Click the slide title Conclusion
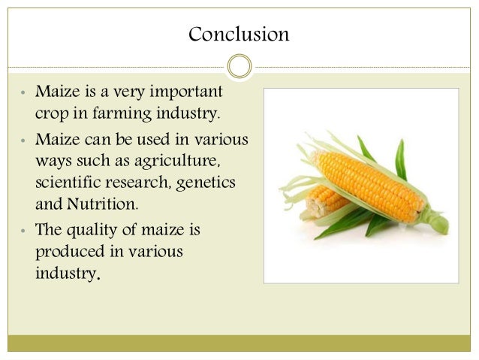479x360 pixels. coord(239,35)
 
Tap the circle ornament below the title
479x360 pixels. coord(239,66)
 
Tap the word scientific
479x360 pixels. coord(66,183)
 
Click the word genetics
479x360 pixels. coord(212,183)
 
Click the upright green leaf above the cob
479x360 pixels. coord(401,158)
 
